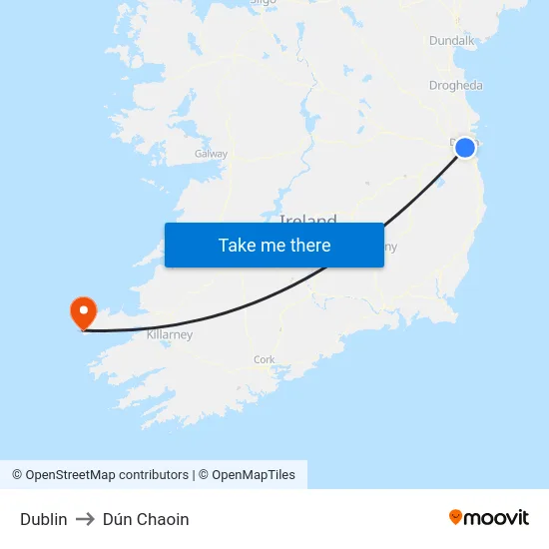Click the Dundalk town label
(x=452, y=41)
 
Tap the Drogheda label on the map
(x=455, y=86)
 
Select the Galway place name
(x=211, y=154)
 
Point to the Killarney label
(x=170, y=335)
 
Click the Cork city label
(x=265, y=359)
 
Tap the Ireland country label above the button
(x=307, y=219)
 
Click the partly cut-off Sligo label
(x=263, y=3)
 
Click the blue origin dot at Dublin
(x=465, y=148)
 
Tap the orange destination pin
(x=82, y=311)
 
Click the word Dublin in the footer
(x=44, y=519)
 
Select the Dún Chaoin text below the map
(x=146, y=519)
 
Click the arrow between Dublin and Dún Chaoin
(x=85, y=519)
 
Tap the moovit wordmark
(x=497, y=518)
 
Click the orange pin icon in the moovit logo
(x=456, y=517)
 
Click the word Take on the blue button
(x=237, y=245)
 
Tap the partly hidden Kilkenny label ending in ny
(x=390, y=246)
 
